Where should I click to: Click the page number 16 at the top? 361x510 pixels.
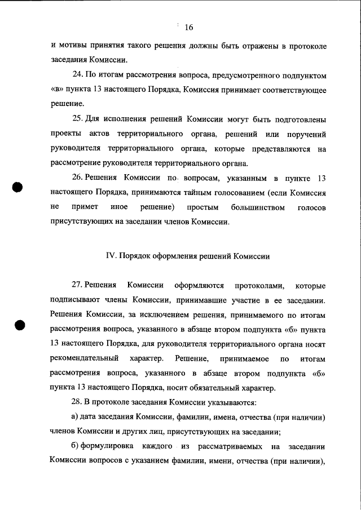(189, 27)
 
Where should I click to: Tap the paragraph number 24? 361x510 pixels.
(78, 74)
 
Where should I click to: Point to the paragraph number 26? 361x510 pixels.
(78, 179)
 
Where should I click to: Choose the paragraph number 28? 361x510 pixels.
(78, 402)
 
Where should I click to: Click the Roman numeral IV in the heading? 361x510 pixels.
(111, 256)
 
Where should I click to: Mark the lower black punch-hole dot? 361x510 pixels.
(19, 326)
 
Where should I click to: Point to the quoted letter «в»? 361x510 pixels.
(56, 90)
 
